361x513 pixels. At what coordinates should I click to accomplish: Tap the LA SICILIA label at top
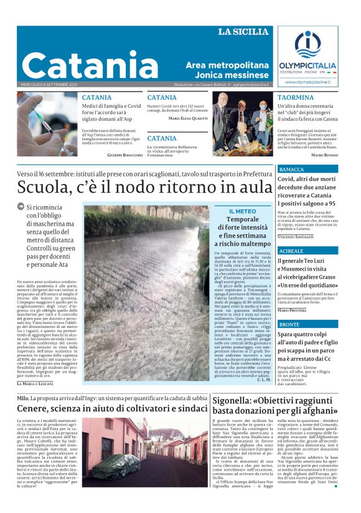tap(244, 32)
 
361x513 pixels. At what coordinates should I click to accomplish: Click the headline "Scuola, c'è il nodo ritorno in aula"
tap(144, 187)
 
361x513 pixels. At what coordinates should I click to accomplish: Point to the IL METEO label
tap(242, 211)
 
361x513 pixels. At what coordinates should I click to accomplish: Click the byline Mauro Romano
tap(324, 155)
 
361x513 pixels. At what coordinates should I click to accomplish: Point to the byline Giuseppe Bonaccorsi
tap(123, 154)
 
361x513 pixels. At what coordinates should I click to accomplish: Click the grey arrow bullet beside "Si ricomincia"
tap(21, 207)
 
